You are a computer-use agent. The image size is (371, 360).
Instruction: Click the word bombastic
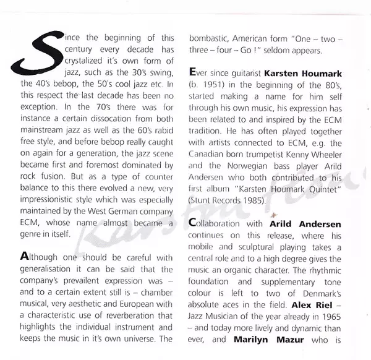click(x=209, y=38)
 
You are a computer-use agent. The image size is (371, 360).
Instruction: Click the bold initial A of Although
click(x=25, y=257)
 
